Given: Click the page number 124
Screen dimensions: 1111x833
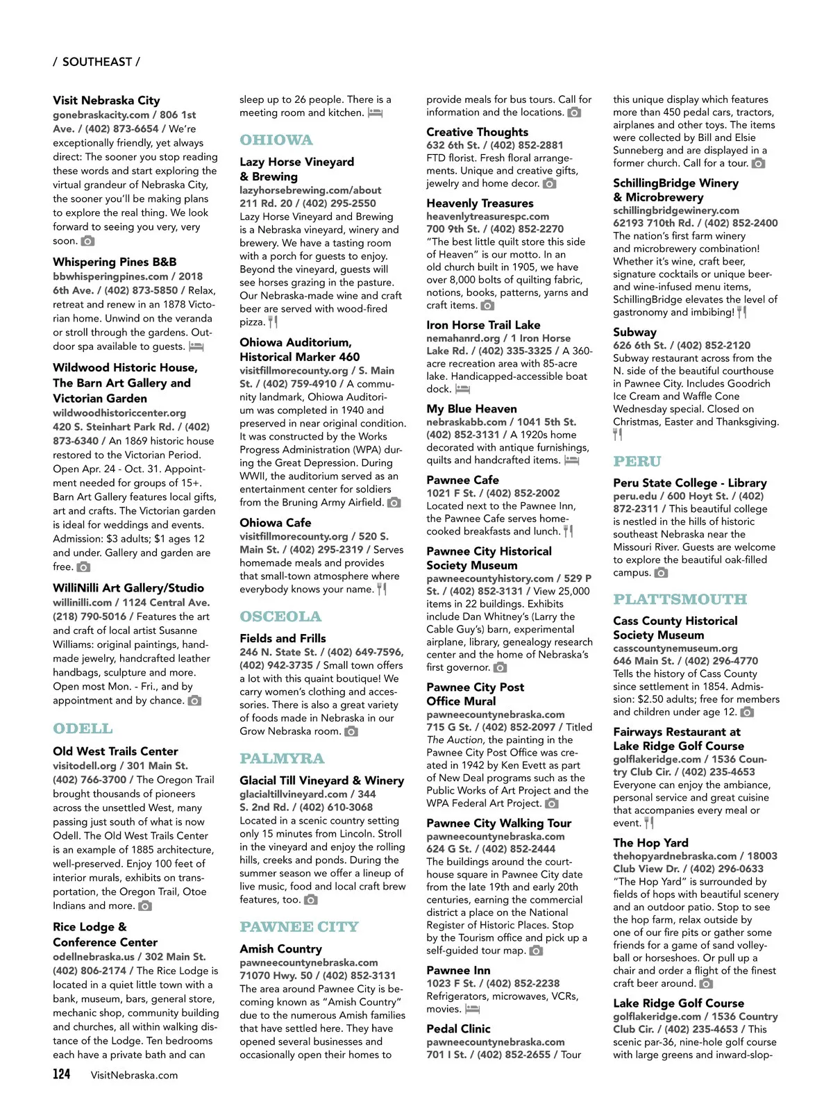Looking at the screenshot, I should [x=62, y=1074].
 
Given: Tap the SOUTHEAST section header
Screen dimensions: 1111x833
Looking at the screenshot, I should [x=96, y=62].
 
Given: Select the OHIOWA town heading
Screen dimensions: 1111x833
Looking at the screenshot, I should [x=276, y=140].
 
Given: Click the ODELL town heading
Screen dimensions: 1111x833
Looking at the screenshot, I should [x=83, y=728].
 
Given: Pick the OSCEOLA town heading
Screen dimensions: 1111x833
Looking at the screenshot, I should [x=280, y=616].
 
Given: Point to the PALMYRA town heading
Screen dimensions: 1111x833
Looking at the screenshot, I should [x=282, y=758].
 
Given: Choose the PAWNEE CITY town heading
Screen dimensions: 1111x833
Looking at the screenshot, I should [x=299, y=926].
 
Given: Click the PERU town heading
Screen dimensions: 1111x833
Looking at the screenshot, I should [x=637, y=461].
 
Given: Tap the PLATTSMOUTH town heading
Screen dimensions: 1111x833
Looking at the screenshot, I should [x=680, y=599].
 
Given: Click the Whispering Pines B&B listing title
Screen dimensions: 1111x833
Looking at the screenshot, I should [x=115, y=262].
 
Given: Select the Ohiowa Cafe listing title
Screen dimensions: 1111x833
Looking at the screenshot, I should [x=276, y=522].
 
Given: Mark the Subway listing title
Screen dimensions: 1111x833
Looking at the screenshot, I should [x=634, y=332].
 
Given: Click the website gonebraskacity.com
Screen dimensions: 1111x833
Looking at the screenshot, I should [x=101, y=115].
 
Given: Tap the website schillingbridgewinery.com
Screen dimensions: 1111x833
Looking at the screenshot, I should [x=676, y=210].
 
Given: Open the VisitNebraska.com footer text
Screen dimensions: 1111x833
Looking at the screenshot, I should [x=134, y=1075].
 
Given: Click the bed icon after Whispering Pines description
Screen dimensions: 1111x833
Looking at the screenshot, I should [x=196, y=346].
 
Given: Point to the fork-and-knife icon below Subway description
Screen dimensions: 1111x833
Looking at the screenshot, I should [x=618, y=435].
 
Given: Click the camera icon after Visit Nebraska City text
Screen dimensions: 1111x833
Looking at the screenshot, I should [x=87, y=241].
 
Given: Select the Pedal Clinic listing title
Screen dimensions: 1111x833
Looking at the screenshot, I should [x=458, y=1028].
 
